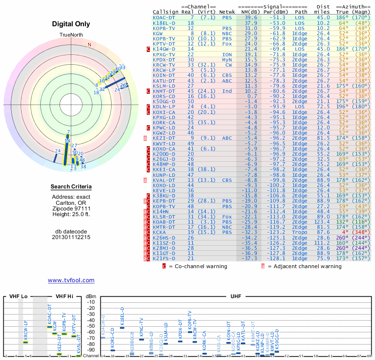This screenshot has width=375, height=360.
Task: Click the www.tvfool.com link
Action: pyautogui.click(x=71, y=280)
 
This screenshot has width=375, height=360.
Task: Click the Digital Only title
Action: pyautogui.click(x=71, y=24)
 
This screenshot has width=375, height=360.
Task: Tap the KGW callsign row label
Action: pyautogui.click(x=158, y=33)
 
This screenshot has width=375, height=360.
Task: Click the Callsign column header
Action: pyautogui.click(x=165, y=12)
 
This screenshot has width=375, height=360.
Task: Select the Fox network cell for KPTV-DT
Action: pyautogui.click(x=226, y=44)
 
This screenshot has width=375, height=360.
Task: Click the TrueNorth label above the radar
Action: pyautogui.click(x=71, y=36)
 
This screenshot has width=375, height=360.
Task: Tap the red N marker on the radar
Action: pyautogui.click(x=89, y=45)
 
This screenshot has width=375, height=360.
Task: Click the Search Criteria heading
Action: pyautogui.click(x=71, y=187)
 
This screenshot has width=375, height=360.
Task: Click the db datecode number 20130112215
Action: pyautogui.click(x=71, y=237)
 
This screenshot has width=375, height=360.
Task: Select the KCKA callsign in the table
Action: pyautogui.click(x=159, y=232)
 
